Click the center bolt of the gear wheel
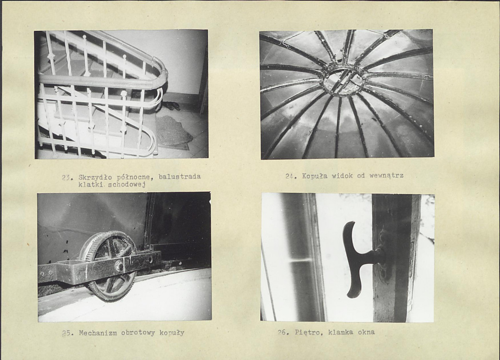(x=120, y=265)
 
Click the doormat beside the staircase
(x=174, y=131)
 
